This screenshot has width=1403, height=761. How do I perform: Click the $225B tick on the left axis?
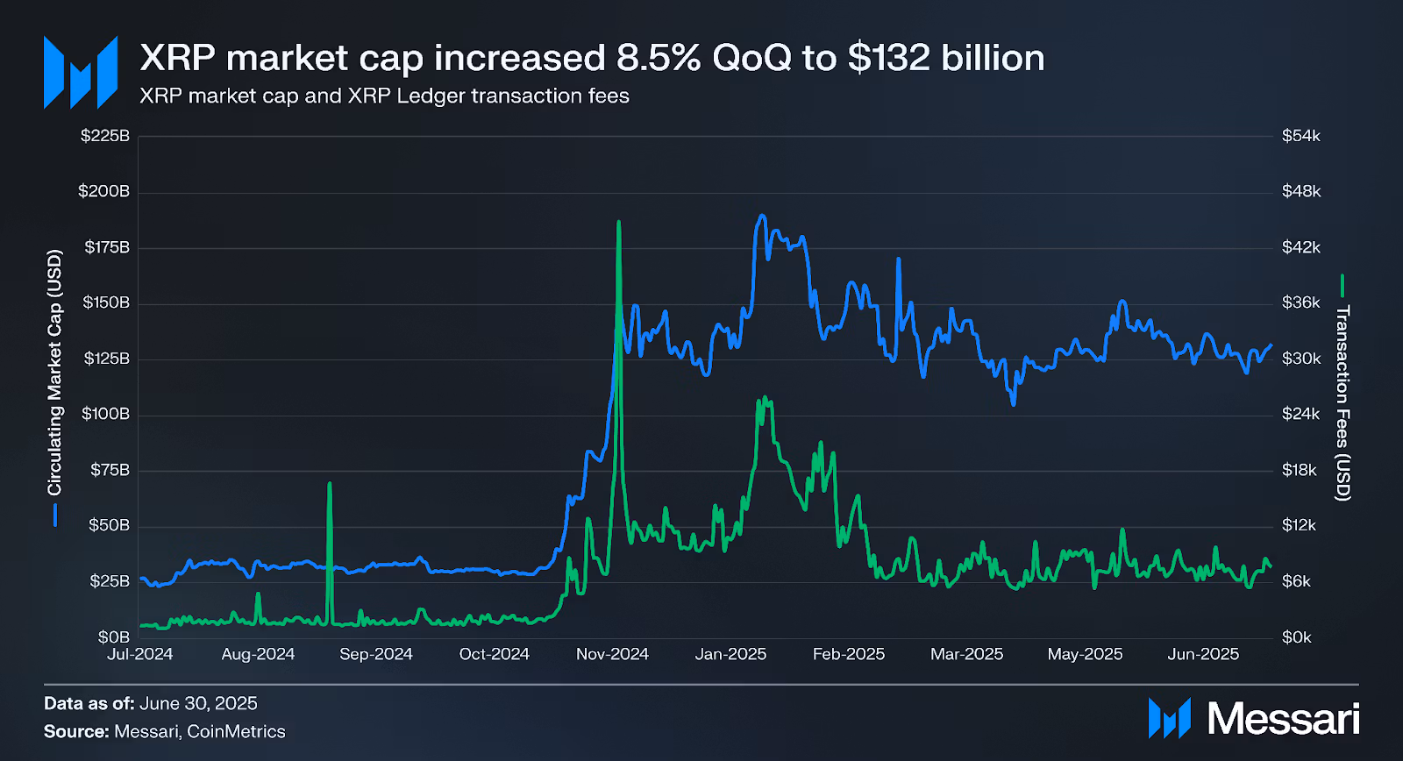click(x=104, y=136)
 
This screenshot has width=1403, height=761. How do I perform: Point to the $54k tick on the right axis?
click(x=1300, y=136)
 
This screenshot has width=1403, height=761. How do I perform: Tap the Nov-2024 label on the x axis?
click(x=612, y=654)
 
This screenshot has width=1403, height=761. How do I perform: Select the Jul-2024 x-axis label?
click(x=140, y=654)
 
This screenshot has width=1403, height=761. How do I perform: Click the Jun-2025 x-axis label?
click(x=1203, y=654)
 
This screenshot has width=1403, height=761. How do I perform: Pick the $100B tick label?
click(x=105, y=414)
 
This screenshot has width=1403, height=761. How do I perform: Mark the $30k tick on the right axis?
click(x=1300, y=359)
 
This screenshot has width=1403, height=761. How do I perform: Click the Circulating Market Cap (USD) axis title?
click(x=54, y=373)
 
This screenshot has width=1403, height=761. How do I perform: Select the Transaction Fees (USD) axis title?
click(x=1342, y=403)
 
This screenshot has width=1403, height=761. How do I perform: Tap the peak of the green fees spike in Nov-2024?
click(x=619, y=222)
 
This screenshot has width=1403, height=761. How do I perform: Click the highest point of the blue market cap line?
click(x=761, y=216)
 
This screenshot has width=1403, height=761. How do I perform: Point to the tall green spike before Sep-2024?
click(x=330, y=483)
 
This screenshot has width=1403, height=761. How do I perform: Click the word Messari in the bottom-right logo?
click(x=1283, y=719)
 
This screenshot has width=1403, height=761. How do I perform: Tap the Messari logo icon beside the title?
click(x=81, y=72)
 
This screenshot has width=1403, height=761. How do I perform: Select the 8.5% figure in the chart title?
click(x=658, y=58)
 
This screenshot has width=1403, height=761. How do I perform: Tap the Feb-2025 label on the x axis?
click(x=849, y=654)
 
